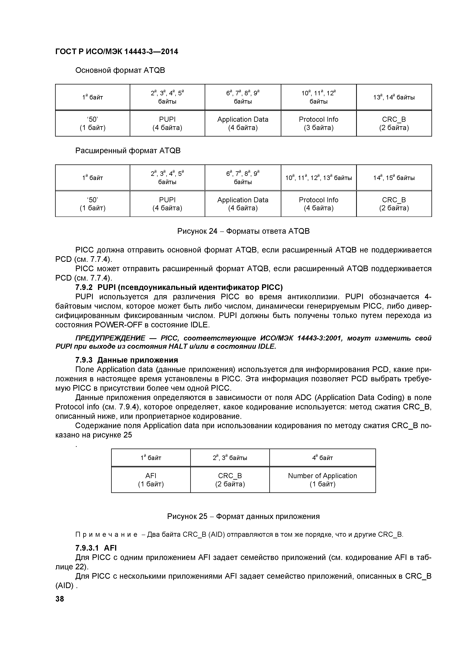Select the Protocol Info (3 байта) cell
pos(318,123)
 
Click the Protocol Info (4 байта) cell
pos(318,204)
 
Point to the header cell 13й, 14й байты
pos(394,97)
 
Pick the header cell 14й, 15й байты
pos(394,178)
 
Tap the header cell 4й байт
pos(322,458)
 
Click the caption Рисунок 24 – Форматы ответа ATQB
pos(243,231)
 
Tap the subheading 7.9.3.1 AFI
pos(96,548)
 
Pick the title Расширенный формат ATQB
pos(128,151)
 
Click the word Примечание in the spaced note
pos(106,535)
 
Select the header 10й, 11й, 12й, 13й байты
pos(318,178)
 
